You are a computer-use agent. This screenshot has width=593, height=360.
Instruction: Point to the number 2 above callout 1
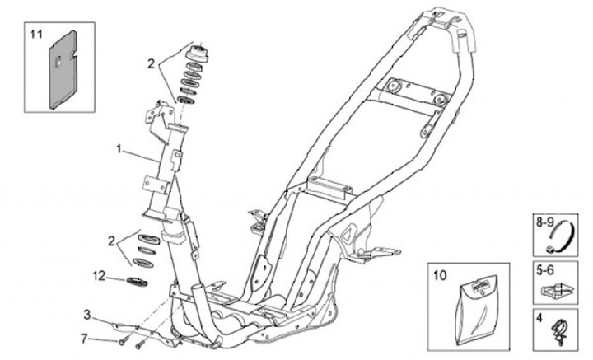[x=152, y=63]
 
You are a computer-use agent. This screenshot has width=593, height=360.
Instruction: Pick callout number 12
[x=100, y=275]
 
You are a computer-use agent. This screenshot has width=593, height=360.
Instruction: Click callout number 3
[x=86, y=314]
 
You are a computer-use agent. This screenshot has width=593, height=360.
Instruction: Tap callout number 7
[x=85, y=338]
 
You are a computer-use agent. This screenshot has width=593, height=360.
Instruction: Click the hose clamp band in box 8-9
[x=560, y=241]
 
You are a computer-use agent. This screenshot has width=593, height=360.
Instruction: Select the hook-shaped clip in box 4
[x=560, y=330]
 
